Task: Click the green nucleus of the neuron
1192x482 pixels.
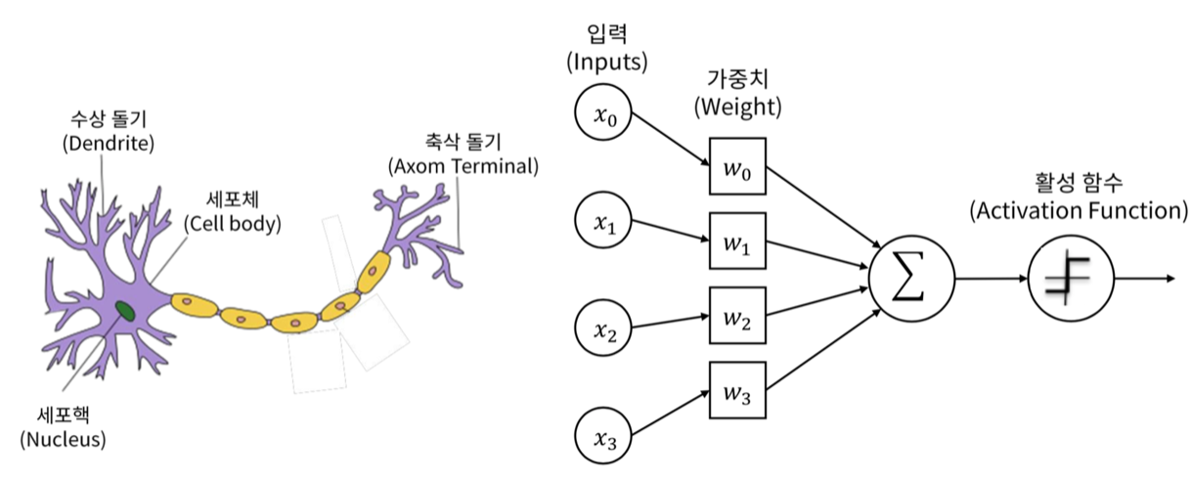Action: (126, 311)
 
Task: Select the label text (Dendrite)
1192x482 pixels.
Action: (109, 144)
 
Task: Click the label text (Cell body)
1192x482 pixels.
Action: (232, 223)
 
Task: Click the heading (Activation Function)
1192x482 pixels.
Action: (1079, 210)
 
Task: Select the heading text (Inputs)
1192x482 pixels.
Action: (606, 65)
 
